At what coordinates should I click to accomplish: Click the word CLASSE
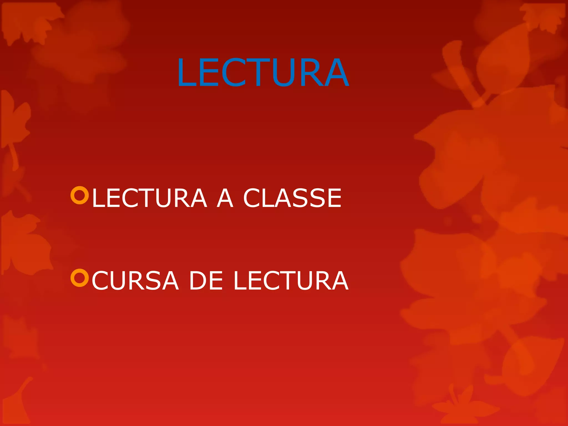pos(292,198)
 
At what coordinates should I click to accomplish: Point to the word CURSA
pos(135,281)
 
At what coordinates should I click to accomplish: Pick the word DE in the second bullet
pos(206,281)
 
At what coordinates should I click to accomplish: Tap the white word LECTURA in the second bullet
pos(291,281)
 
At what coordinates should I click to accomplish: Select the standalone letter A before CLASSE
pos(225,198)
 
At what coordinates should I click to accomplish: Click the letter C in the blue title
pos(233,72)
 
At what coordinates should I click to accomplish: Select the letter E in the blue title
pos(210,72)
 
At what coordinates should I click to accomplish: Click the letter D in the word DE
pos(198,281)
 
